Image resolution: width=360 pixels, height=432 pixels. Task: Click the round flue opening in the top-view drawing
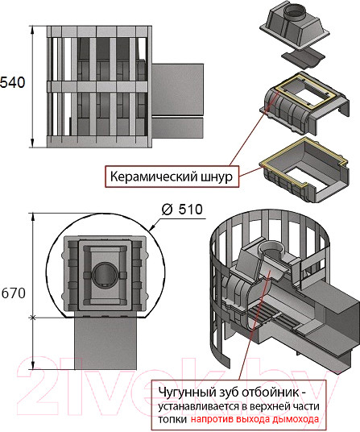102,276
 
